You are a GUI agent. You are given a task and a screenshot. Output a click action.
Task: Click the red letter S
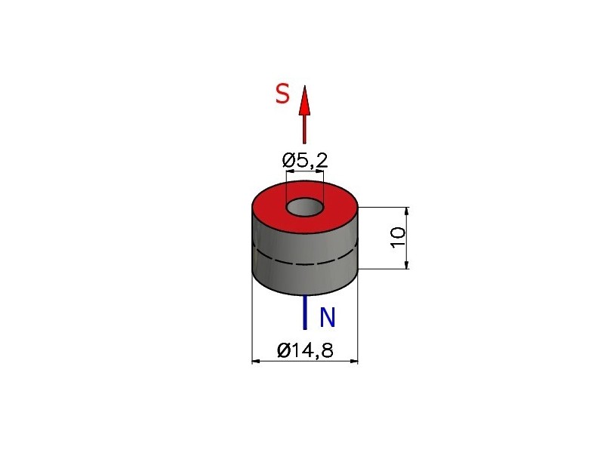point(282,94)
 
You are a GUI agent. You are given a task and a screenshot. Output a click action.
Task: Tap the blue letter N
point(328,317)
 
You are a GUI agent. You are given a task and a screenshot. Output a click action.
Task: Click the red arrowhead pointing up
point(305,100)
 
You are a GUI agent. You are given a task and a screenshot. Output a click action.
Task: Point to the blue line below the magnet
point(305,313)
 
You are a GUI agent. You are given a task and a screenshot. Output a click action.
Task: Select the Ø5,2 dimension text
point(305,160)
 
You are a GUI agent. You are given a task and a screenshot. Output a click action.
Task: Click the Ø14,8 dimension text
point(305,350)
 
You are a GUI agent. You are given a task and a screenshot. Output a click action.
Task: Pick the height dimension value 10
point(398,238)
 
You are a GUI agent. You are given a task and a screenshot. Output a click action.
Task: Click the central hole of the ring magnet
point(305,207)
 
